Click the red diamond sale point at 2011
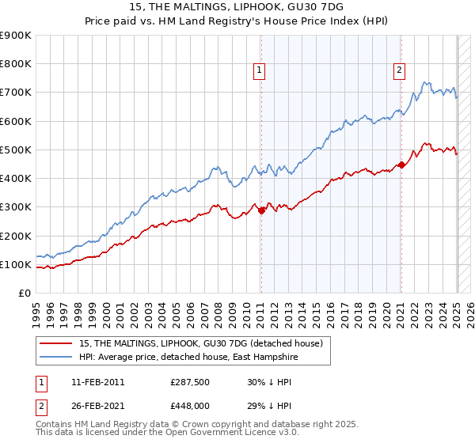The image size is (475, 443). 261,210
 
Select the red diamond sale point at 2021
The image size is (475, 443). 401,165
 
